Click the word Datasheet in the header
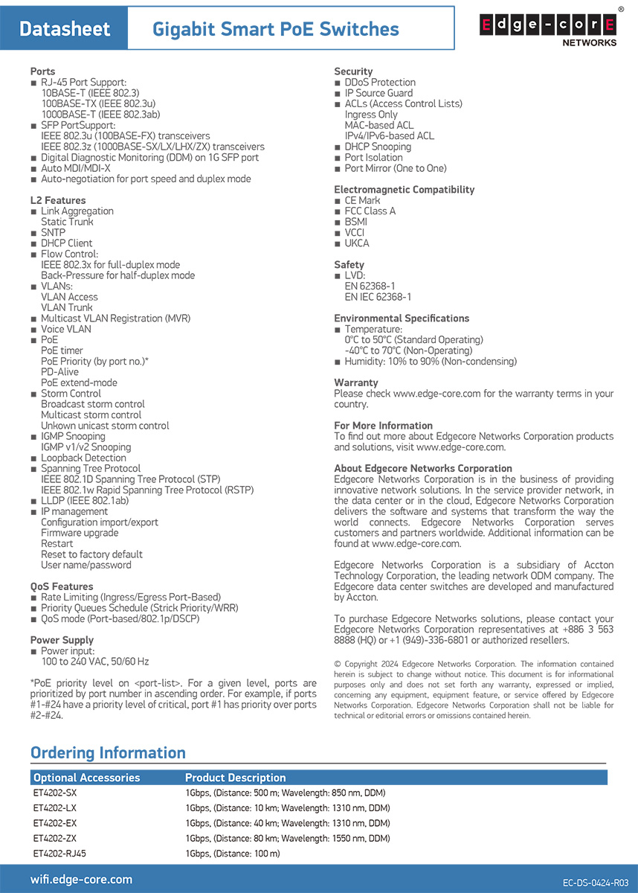(65, 29)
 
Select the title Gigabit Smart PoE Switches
(275, 29)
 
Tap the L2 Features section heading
(58, 200)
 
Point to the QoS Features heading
(62, 586)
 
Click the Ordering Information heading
(108, 752)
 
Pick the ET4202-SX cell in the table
(55, 793)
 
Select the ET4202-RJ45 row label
(59, 854)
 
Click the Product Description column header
(235, 778)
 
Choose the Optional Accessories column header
(86, 778)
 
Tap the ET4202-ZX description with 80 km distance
(287, 839)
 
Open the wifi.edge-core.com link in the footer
(81, 880)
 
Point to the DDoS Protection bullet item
(379, 83)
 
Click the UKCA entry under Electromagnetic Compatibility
(356, 243)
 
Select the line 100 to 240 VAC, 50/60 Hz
(94, 662)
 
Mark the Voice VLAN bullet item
(65, 329)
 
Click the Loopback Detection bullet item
(83, 458)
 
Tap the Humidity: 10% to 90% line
(430, 362)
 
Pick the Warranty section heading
(356, 383)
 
